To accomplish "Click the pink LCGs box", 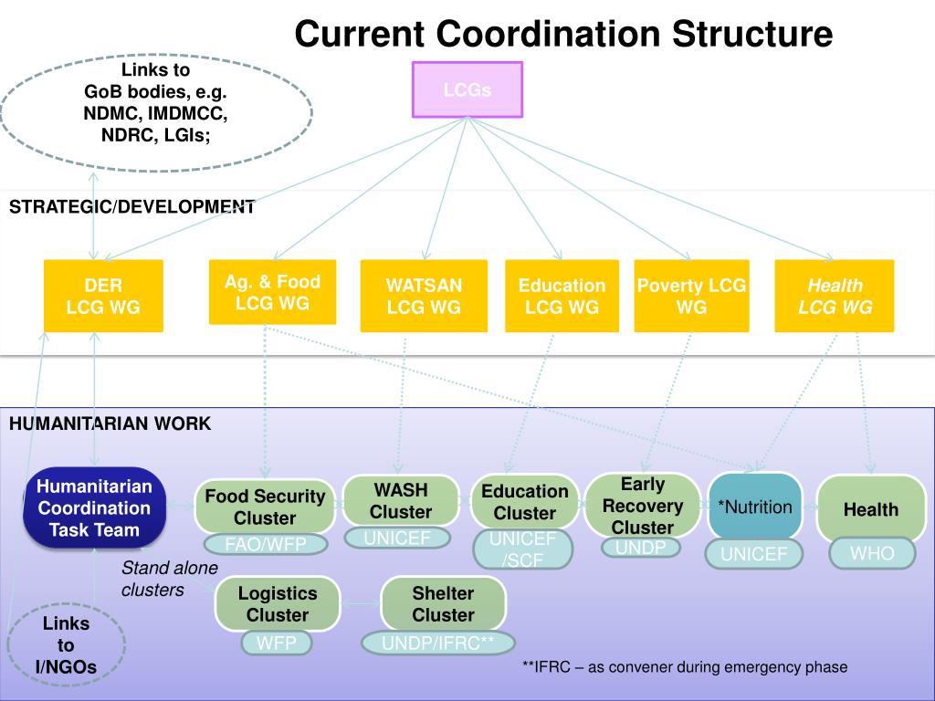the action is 467,89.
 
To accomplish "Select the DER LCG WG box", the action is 103,296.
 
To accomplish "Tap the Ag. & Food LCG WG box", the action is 272,292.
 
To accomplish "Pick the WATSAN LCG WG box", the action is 424,296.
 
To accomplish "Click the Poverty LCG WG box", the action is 692,296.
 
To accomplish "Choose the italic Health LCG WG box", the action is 835,296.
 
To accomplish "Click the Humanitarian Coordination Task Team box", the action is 94,507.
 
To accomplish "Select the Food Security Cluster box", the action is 265,507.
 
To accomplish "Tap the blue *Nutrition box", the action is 755,507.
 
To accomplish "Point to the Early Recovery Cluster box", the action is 642,506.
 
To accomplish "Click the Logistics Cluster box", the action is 278,604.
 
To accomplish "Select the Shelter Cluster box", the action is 443,604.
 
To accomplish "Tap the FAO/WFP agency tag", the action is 266,544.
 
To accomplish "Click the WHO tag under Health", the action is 872,553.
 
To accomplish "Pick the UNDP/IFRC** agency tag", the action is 437,643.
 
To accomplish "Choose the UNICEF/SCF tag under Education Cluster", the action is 523,549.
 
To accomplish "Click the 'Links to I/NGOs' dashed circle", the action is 66,645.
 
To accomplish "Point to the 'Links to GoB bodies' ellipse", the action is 156,112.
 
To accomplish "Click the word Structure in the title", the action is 752,34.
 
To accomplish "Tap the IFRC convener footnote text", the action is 685,666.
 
